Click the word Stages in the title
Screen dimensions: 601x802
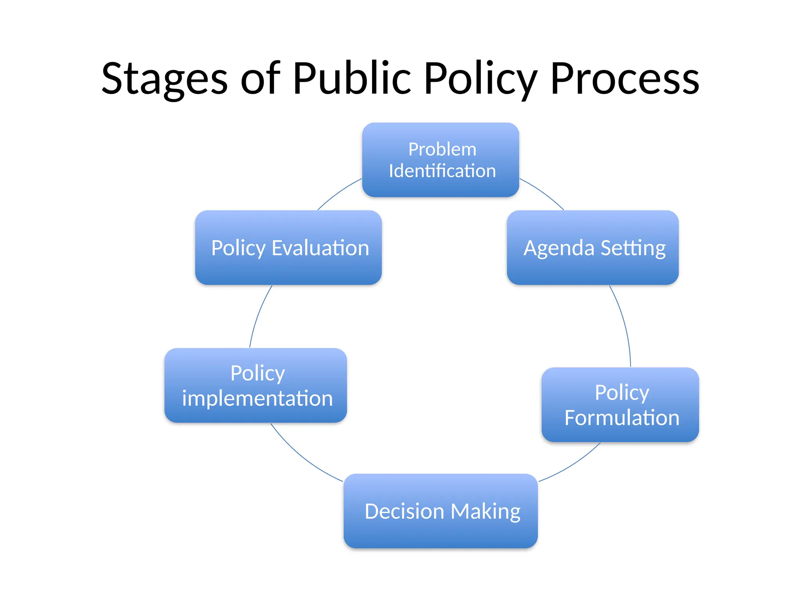(x=164, y=79)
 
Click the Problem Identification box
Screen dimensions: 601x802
(x=441, y=160)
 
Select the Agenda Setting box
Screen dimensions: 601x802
(x=592, y=247)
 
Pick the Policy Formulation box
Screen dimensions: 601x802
(x=620, y=405)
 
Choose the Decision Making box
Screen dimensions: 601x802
(x=441, y=511)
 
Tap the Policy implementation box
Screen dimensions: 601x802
(x=256, y=385)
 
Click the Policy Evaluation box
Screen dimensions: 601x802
(x=288, y=247)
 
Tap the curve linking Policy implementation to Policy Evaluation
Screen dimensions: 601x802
(x=258, y=315)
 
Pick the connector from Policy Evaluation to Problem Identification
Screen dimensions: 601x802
(x=338, y=193)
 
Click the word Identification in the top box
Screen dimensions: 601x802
(x=442, y=171)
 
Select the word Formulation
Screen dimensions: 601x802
(x=622, y=417)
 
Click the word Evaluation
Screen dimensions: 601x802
(x=320, y=248)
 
